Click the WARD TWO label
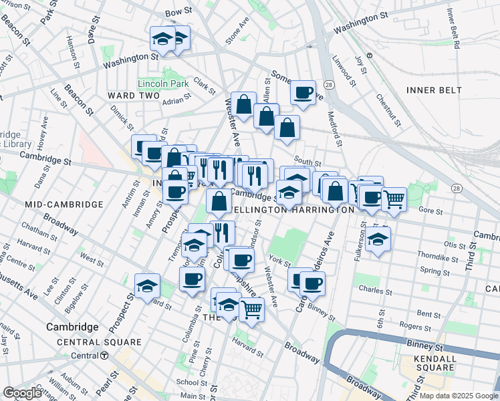pyautogui.click(x=134, y=96)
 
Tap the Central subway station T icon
pyautogui.click(x=104, y=356)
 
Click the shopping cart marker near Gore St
pyautogui.click(x=394, y=198)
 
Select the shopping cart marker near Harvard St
pyautogui.click(x=251, y=308)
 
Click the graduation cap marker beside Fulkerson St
pyautogui.click(x=378, y=239)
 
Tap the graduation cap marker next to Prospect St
pyautogui.click(x=147, y=285)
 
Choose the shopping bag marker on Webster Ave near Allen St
pyautogui.click(x=245, y=104)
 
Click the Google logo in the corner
pyautogui.click(x=22, y=393)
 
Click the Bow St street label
pyautogui.click(x=178, y=13)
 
